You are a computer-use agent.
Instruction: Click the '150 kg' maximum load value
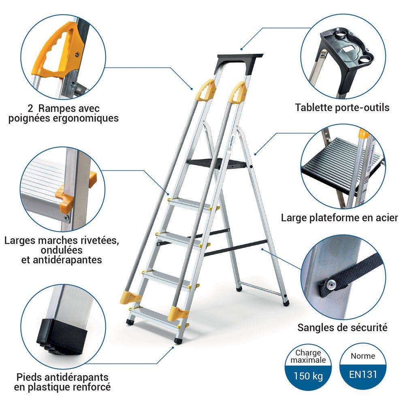point(309,376)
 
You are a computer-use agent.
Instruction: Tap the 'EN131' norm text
point(363,374)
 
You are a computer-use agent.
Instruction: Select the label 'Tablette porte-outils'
point(342,108)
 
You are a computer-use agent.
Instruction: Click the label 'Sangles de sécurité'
point(342,327)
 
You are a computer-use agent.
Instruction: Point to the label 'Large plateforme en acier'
point(339,218)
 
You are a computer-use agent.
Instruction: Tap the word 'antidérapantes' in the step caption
point(61,260)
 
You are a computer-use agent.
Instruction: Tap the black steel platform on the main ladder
point(217,163)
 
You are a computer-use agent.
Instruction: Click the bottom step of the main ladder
point(154,313)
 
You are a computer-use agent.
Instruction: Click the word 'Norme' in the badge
point(363,356)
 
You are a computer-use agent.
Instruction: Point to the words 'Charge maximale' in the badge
point(310,356)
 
